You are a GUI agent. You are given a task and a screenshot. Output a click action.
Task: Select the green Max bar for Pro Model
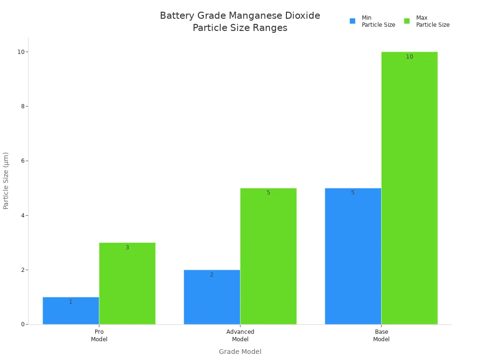tap(127, 284)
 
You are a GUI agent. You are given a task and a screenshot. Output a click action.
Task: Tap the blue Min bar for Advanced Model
tap(212, 297)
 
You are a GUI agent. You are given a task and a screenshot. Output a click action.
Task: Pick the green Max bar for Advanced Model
tap(268, 256)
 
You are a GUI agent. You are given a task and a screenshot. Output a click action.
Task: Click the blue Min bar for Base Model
tap(353, 256)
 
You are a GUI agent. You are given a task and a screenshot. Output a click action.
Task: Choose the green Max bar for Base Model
tap(409, 188)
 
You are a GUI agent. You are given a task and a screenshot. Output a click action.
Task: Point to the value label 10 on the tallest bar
tap(409, 57)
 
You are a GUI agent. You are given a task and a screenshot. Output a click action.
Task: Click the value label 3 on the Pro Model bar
tap(127, 247)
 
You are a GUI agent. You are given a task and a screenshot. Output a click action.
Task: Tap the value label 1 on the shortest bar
tap(71, 302)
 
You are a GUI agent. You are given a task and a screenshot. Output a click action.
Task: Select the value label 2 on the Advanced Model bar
tap(212, 275)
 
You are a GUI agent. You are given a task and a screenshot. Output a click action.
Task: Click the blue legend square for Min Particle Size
tap(352, 21)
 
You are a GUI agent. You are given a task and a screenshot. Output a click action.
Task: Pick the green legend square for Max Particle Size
tap(407, 21)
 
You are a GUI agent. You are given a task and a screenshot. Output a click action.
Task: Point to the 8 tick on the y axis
tap(22, 106)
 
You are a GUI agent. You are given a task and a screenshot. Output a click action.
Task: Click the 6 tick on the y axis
tap(22, 161)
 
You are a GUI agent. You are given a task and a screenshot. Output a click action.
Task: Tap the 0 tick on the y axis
tap(22, 324)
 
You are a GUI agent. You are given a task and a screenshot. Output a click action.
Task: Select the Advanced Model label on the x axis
tap(240, 335)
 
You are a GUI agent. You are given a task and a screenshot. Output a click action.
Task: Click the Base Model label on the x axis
tap(381, 335)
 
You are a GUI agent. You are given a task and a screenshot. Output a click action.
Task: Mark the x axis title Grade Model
tap(240, 352)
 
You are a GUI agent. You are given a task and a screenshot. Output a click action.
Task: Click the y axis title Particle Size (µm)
tap(6, 180)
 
